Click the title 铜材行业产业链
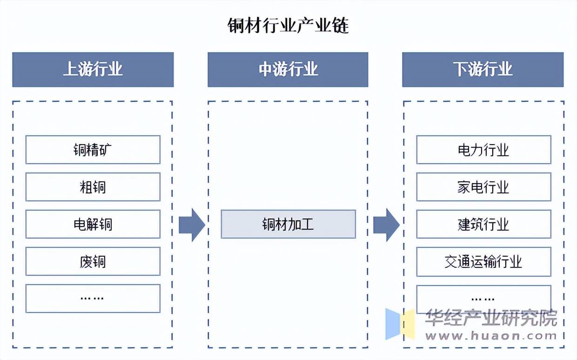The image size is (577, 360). point(288,26)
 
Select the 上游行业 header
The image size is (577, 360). point(93,69)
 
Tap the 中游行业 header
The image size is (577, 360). point(288,69)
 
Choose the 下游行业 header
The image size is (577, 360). point(483,69)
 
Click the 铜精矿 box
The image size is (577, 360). point(93,150)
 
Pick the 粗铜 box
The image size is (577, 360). point(93,187)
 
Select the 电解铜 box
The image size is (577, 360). point(93,224)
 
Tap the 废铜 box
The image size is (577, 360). point(93,261)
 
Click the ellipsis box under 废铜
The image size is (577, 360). point(93,299)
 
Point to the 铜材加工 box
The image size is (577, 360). point(288,224)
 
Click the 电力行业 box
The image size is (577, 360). point(484,150)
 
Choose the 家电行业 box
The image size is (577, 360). point(484,187)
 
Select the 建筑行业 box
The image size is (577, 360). point(484,224)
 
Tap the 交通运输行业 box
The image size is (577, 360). point(484,262)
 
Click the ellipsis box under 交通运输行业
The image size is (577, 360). point(484,299)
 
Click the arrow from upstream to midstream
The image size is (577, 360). point(192,225)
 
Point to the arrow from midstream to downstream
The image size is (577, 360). point(386,225)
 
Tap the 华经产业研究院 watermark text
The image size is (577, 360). point(491,318)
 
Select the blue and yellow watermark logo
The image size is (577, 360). point(400,324)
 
